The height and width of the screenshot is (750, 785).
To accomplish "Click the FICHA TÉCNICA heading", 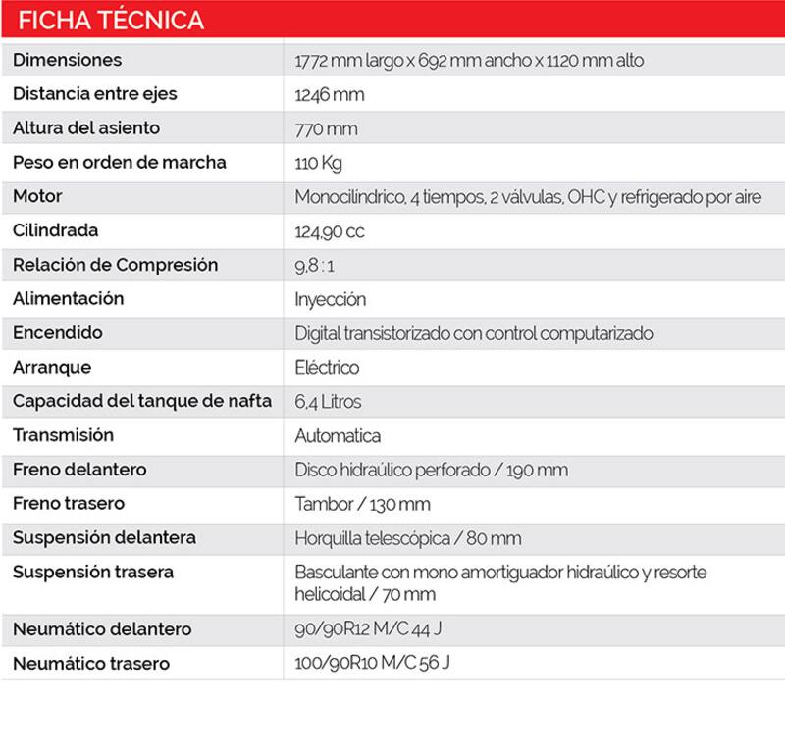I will [x=112, y=20].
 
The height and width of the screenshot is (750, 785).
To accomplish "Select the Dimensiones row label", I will [x=67, y=60].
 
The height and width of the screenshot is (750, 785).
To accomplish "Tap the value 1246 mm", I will [x=329, y=95].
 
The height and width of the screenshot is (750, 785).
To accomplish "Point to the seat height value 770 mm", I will [x=326, y=129].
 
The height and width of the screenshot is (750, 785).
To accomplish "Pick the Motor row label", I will [x=37, y=196].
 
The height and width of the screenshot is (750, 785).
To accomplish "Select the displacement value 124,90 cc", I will [x=330, y=231].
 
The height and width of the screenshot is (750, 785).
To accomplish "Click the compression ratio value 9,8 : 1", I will [x=314, y=266].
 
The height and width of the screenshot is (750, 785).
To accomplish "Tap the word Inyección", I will [x=330, y=299].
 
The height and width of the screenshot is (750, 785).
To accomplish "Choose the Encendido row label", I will [x=57, y=332].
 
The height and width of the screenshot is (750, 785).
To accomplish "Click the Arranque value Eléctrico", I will [x=327, y=368].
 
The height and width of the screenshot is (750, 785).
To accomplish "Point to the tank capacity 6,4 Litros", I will [x=328, y=402].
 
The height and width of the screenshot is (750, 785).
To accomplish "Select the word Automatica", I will [x=338, y=435].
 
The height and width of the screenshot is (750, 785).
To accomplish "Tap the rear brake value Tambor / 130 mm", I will [x=362, y=504].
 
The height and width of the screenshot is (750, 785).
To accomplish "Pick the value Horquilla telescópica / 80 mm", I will [x=407, y=538].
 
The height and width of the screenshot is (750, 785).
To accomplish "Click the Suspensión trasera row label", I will [x=92, y=572].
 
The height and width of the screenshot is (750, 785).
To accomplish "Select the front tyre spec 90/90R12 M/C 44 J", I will [x=374, y=628].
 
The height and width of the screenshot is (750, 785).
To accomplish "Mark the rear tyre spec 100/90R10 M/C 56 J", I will [x=372, y=663].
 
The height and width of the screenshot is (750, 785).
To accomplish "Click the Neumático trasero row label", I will [x=90, y=664].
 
